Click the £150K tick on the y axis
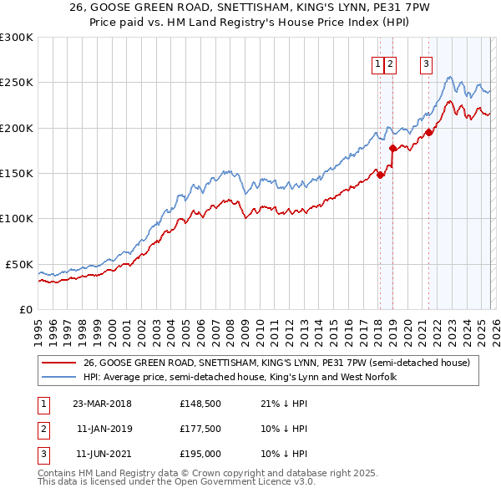click(17, 174)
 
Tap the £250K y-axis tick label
click(17, 83)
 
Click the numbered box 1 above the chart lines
click(377, 64)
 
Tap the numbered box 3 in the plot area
click(427, 64)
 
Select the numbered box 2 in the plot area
click(390, 64)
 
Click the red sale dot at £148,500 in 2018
click(380, 175)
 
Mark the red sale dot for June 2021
click(428, 132)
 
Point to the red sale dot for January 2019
click(392, 148)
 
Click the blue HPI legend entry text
click(240, 377)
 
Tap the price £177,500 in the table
click(200, 429)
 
